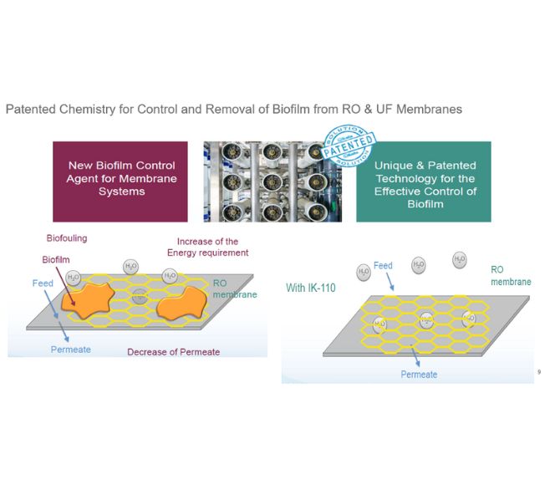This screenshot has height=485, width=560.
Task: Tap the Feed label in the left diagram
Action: [x=43, y=283]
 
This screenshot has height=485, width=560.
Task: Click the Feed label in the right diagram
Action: [x=383, y=266]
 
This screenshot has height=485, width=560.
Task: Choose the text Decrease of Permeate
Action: [x=173, y=352]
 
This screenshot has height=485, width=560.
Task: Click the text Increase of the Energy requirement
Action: [x=212, y=247]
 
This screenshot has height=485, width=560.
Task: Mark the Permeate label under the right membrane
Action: [x=419, y=375]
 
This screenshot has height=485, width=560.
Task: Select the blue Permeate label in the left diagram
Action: [x=70, y=350]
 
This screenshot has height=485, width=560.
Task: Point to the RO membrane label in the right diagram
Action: [x=510, y=276]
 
